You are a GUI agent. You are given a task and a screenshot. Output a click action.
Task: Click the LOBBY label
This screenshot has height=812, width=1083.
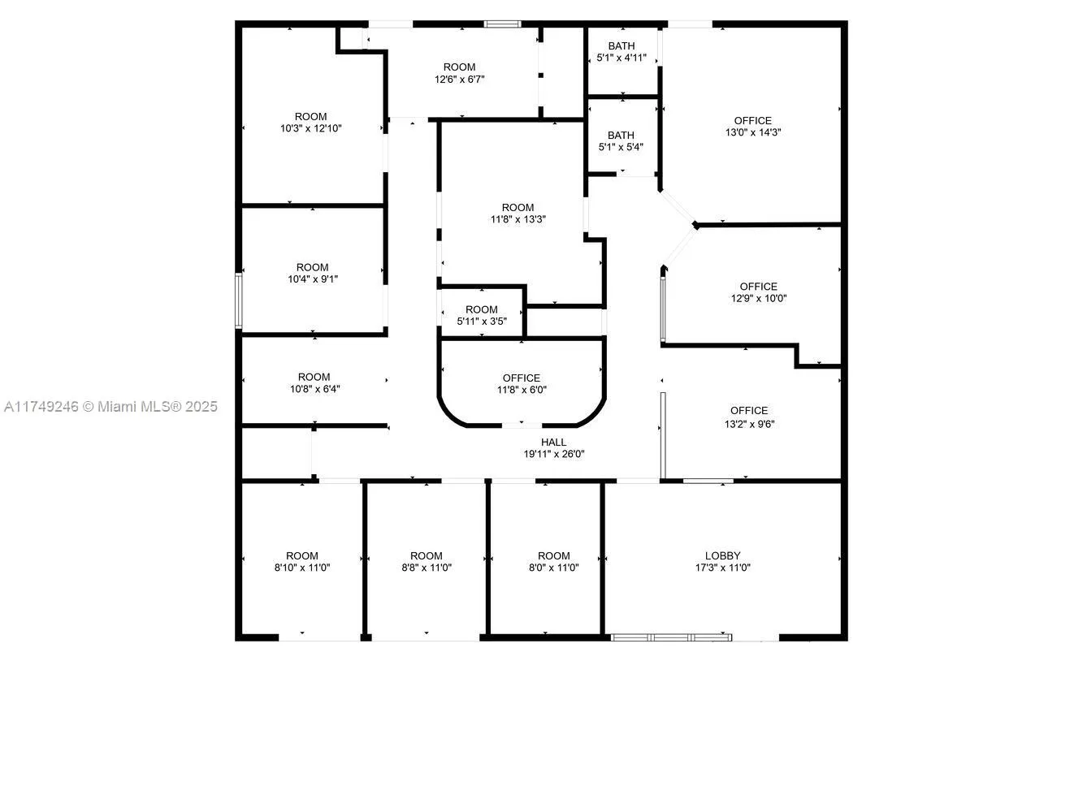722,556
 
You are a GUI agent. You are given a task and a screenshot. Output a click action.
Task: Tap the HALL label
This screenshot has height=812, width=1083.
553,443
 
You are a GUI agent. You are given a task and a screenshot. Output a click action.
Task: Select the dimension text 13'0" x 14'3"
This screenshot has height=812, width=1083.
753,132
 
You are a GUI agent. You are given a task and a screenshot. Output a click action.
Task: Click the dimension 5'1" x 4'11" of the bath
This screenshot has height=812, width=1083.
622,58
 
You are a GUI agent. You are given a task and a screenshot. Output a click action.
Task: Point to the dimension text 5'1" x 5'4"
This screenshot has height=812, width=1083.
621,148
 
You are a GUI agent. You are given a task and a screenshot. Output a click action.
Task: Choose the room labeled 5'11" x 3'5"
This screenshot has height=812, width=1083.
481,315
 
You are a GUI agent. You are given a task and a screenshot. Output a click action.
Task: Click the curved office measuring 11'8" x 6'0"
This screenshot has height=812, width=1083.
522,383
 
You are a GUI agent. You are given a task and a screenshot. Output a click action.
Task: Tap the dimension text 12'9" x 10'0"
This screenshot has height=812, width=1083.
758,298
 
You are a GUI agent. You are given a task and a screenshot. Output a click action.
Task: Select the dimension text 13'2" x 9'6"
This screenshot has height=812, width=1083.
748,423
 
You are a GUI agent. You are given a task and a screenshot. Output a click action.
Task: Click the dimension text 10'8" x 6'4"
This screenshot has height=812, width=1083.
314,389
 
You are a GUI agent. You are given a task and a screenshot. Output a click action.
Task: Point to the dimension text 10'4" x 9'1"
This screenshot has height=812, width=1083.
312,279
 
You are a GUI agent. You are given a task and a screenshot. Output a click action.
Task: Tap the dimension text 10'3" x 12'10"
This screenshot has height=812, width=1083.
310,128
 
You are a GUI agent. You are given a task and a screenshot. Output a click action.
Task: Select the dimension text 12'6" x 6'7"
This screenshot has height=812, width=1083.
459,80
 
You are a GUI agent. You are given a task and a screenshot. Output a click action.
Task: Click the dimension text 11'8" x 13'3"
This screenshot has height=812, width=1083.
518,219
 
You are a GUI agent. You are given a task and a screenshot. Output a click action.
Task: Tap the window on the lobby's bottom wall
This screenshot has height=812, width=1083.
671,637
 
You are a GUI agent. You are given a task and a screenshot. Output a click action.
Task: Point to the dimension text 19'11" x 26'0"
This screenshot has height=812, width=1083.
553,455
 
